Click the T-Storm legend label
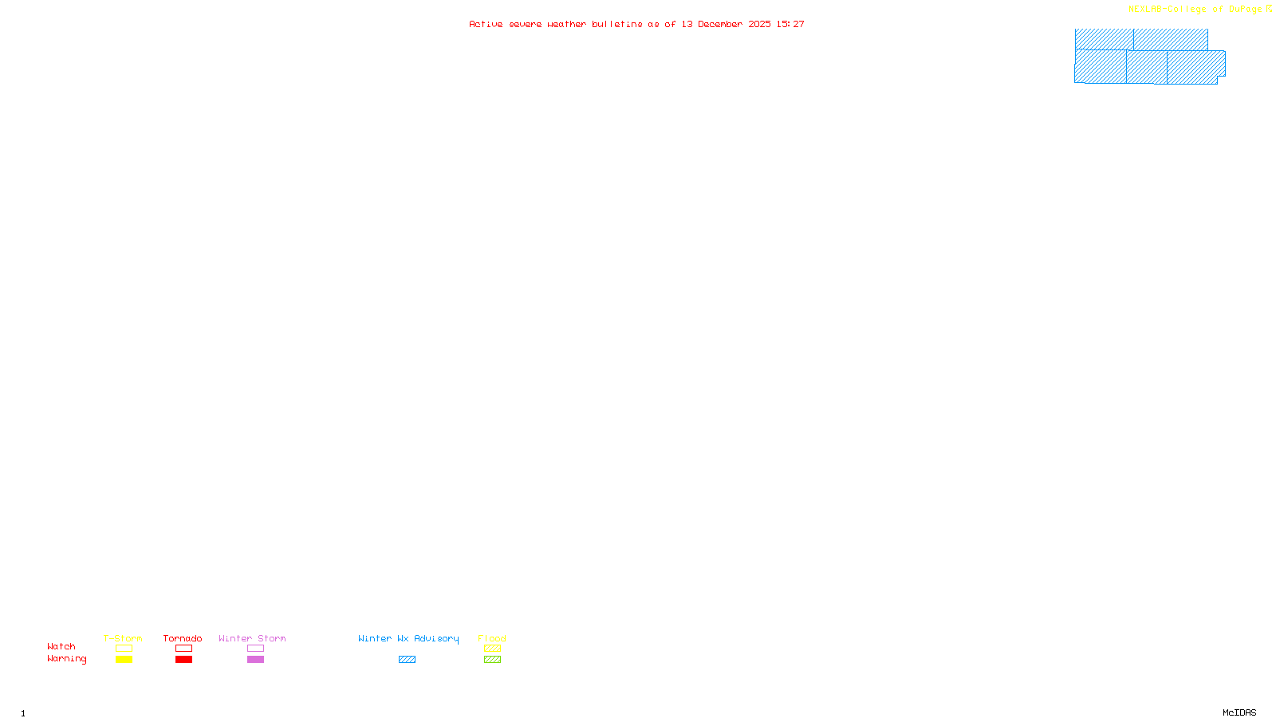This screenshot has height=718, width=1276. (123, 638)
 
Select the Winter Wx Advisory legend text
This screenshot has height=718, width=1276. (408, 638)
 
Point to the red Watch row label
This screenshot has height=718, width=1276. (61, 647)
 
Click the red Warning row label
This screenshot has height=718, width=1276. (66, 659)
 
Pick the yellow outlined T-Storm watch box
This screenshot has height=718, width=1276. (124, 649)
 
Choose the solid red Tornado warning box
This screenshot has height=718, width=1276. (183, 660)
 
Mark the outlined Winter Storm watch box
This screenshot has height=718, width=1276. (255, 649)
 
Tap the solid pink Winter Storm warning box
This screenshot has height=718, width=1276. (255, 660)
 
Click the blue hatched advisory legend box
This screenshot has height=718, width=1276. (407, 660)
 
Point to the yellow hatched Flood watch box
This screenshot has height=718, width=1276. (492, 649)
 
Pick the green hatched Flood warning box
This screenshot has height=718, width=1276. (492, 660)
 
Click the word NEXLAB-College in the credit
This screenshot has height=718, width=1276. (1167, 10)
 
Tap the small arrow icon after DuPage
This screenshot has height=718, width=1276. (1269, 10)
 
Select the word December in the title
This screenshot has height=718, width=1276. (720, 25)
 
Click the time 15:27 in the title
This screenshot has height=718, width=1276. (790, 25)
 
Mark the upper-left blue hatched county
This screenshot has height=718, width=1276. (1104, 39)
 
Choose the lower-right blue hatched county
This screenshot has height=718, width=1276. (1195, 67)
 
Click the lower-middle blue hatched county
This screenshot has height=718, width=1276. (1147, 67)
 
